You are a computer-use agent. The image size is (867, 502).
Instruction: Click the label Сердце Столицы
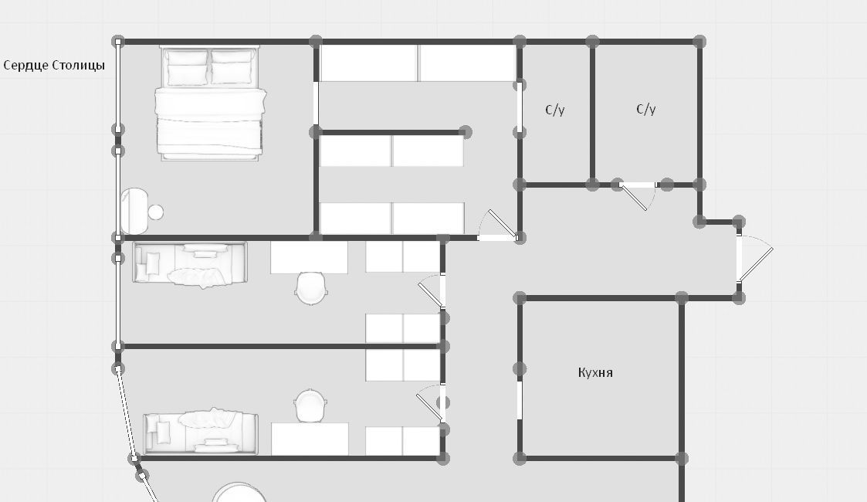[54, 66]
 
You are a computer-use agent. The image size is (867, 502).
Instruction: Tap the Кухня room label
[595, 372]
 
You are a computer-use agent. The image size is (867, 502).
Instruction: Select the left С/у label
[554, 110]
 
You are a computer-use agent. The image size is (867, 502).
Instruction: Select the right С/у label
[646, 109]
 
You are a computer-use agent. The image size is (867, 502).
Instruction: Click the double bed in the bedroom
[210, 103]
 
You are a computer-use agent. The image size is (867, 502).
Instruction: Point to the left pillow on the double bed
[188, 68]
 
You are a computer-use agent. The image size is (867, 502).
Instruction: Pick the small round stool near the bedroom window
[156, 212]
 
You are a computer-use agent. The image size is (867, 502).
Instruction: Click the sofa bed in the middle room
[190, 263]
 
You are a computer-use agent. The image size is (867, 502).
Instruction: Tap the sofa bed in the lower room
[200, 432]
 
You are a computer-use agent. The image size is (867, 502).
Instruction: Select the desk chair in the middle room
[311, 287]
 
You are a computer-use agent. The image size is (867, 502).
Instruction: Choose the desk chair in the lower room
[310, 405]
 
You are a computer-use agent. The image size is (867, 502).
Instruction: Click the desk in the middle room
[309, 257]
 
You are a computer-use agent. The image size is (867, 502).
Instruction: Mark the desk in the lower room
[310, 439]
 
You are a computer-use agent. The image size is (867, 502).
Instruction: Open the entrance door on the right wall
[754, 259]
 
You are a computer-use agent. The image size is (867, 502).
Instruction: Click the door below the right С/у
[637, 196]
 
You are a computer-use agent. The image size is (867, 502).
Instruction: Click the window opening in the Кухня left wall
[520, 400]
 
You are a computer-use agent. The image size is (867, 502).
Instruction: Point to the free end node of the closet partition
[466, 132]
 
